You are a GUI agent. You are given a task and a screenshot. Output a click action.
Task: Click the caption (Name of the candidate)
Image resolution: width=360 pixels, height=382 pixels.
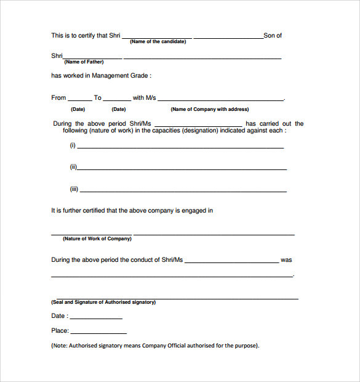click(x=158, y=41)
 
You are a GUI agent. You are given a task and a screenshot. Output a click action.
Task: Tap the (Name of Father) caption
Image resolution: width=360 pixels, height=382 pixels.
click(x=84, y=62)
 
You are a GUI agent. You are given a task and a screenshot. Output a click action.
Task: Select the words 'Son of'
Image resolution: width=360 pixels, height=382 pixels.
click(x=273, y=35)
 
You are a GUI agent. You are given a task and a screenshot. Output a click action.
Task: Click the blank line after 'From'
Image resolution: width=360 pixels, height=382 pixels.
click(x=80, y=99)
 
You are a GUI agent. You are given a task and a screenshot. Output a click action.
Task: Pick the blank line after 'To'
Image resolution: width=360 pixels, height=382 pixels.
click(x=118, y=99)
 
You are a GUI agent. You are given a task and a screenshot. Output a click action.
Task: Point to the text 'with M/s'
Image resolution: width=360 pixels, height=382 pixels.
click(x=145, y=97)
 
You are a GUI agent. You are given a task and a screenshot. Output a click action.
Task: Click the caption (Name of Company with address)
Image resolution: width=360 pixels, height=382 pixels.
click(x=210, y=109)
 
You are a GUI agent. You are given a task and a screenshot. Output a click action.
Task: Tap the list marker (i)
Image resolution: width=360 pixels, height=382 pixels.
click(x=73, y=145)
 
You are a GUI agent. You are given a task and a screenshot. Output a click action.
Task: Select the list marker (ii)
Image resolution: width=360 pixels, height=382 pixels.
click(x=73, y=167)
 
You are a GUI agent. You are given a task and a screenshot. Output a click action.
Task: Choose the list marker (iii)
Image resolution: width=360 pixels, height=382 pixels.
click(x=74, y=189)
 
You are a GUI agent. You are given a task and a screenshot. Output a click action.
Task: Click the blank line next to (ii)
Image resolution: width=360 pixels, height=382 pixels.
click(x=182, y=169)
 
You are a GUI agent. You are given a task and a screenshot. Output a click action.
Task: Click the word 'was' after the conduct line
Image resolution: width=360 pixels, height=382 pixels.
click(x=286, y=260)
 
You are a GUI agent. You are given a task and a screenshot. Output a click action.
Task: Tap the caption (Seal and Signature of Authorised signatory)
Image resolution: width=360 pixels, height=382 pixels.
click(x=103, y=302)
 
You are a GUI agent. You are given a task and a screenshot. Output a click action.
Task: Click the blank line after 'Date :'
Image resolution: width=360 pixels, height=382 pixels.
click(x=96, y=318)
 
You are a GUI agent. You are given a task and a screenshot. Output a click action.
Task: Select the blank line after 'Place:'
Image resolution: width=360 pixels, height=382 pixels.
click(x=98, y=333)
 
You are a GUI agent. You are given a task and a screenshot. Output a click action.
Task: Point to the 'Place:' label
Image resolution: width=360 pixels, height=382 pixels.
click(x=60, y=331)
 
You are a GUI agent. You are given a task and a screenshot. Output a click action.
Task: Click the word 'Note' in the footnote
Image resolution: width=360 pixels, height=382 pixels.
click(x=60, y=346)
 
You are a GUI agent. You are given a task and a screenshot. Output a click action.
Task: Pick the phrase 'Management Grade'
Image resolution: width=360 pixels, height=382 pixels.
click(x=120, y=76)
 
